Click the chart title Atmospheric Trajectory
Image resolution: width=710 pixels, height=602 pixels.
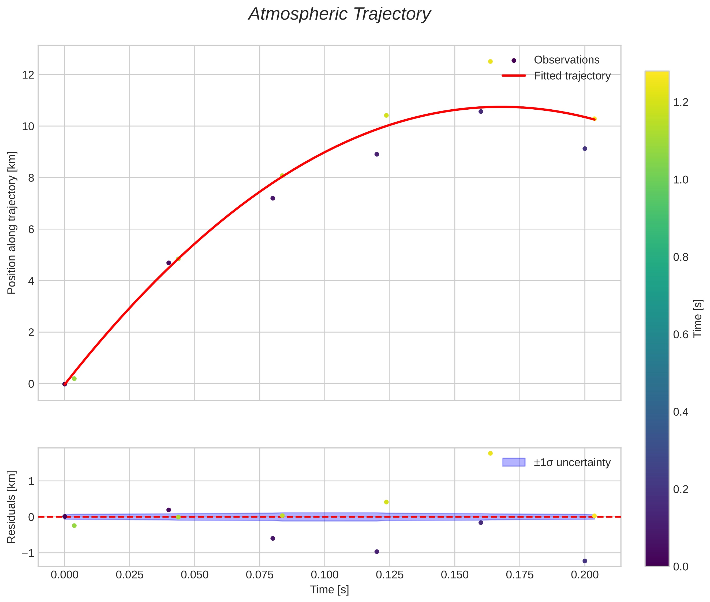coord(339,14)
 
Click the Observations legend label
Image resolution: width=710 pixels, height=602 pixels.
coord(566,60)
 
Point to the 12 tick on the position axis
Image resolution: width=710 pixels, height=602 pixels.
coord(28,75)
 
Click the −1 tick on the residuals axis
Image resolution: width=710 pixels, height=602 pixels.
coord(28,553)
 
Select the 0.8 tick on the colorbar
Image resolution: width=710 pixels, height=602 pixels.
coord(681,257)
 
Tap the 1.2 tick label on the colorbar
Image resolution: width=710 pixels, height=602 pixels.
coord(681,102)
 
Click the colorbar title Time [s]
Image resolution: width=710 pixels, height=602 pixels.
coord(698,318)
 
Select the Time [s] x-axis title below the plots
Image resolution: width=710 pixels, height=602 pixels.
coord(329,590)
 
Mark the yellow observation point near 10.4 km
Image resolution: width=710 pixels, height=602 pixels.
coord(386,115)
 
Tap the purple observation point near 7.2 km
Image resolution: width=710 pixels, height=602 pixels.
coord(272,198)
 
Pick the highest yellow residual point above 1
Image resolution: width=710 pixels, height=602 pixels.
coord(490,453)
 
